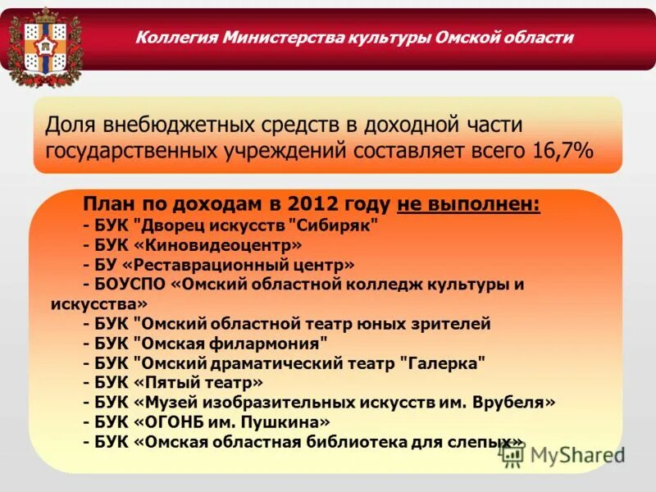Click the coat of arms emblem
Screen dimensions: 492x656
44,46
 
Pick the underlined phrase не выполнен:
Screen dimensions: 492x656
468,204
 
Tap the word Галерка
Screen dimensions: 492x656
443,363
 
